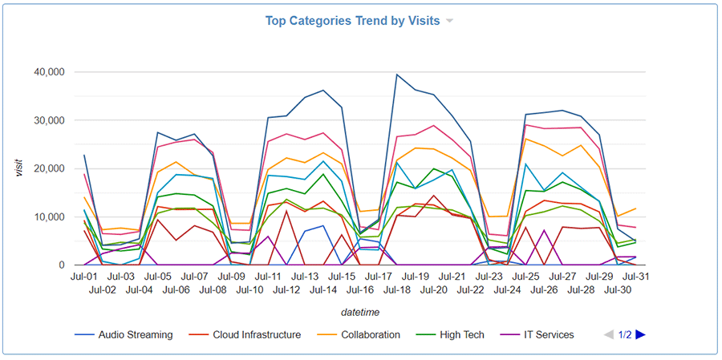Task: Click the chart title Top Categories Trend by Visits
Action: (x=352, y=21)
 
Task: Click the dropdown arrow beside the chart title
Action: (x=449, y=22)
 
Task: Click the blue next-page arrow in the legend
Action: (x=640, y=334)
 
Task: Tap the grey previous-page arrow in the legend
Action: (x=609, y=334)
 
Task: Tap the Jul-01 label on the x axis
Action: (x=85, y=277)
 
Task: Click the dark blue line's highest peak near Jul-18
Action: (x=396, y=75)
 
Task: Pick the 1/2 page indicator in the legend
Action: (x=625, y=334)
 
